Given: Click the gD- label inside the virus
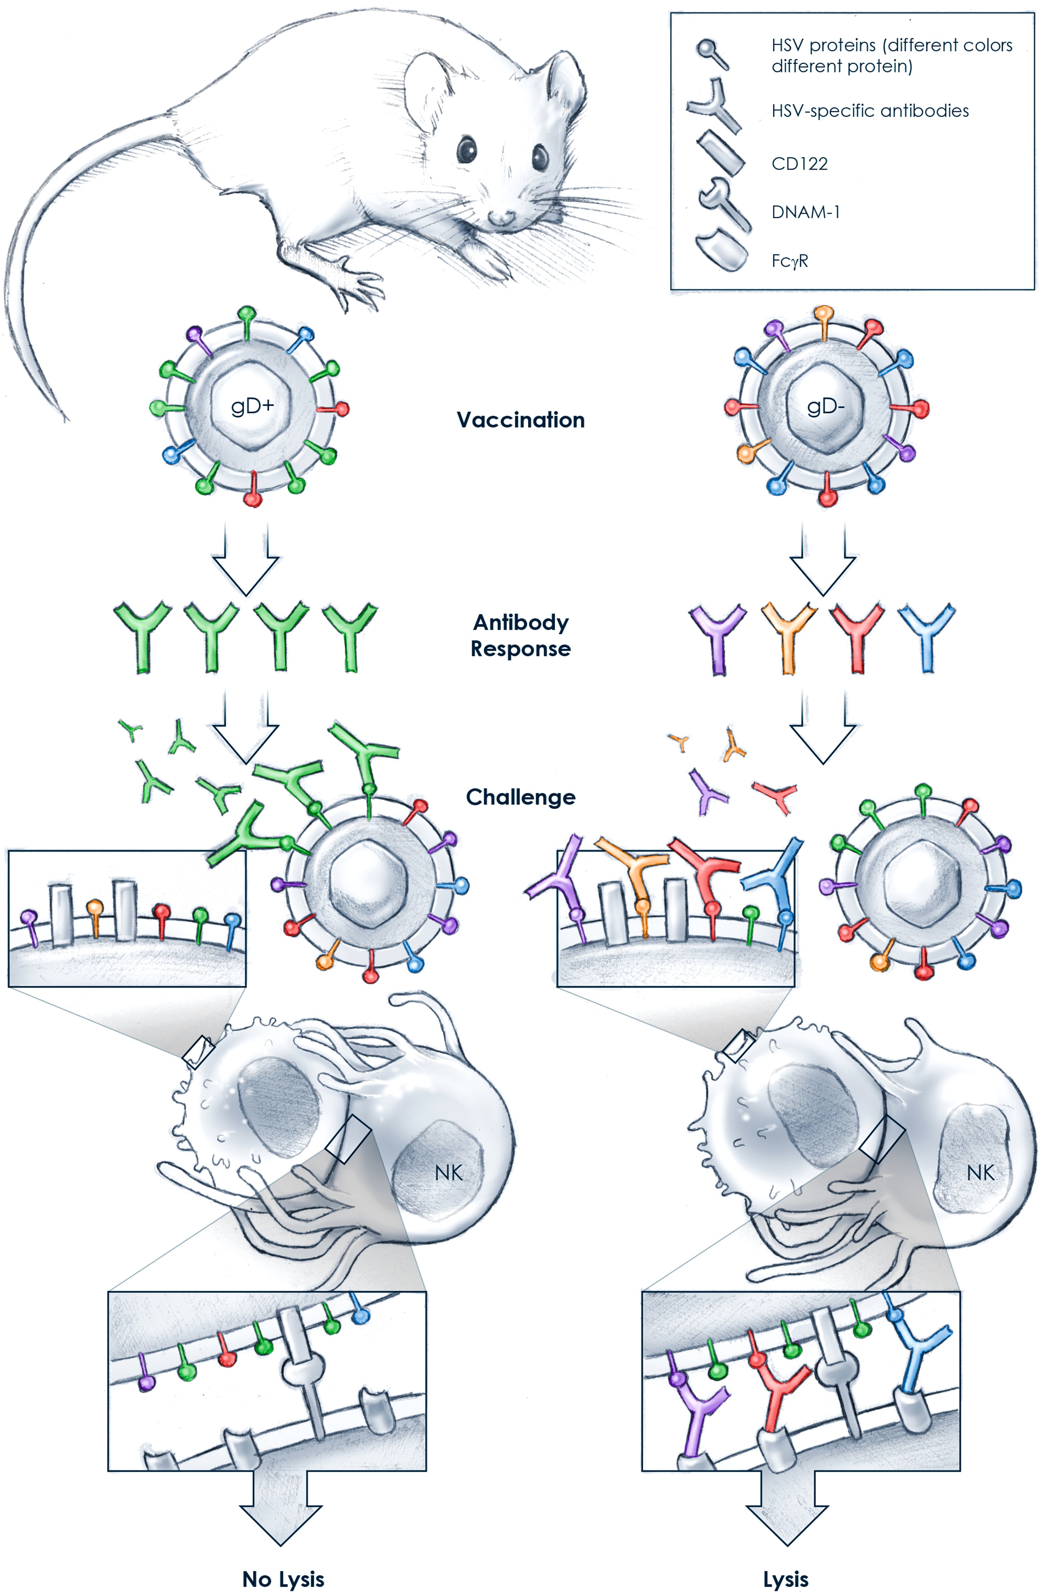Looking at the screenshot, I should coord(825,406).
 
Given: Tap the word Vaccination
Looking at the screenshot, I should coord(520,420).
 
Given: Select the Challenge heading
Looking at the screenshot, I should coord(520,797).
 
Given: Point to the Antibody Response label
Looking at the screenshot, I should coord(520,636).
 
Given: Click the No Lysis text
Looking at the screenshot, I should coord(283,1579).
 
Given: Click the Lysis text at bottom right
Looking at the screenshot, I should coord(785,1579).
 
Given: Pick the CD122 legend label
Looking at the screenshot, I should coord(799,164).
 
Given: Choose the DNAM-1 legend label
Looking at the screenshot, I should coord(806,212).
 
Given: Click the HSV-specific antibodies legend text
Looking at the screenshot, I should coord(870,111).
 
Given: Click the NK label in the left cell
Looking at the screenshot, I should coord(449,1173).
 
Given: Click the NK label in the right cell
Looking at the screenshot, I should coord(980,1173).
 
